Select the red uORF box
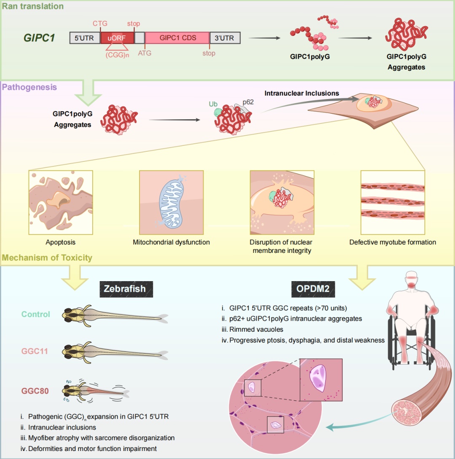(117, 38)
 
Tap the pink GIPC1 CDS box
(177, 38)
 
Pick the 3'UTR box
(225, 38)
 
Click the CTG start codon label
(100, 23)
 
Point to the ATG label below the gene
(145, 54)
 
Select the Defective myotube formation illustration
(393, 202)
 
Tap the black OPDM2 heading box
(310, 289)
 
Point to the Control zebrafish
(114, 314)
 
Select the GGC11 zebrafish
(114, 351)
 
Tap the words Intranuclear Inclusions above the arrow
(302, 93)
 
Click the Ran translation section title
(32, 6)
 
